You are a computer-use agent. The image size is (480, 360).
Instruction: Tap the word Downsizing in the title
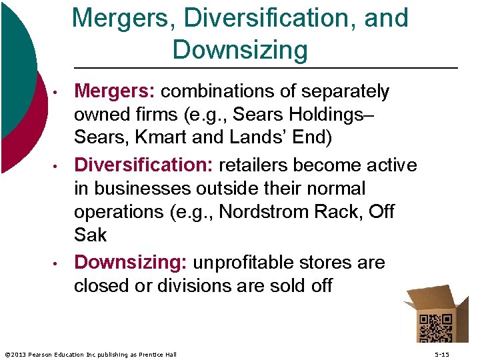pyautogui.click(x=240, y=50)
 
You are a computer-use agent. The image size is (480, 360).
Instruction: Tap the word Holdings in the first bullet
pyautogui.click(x=327, y=115)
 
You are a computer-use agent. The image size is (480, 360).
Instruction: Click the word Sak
pyautogui.click(x=91, y=236)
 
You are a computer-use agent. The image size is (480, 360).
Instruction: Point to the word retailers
pyautogui.click(x=263, y=165)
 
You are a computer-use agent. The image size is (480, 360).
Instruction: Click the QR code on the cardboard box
pyautogui.click(x=435, y=329)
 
